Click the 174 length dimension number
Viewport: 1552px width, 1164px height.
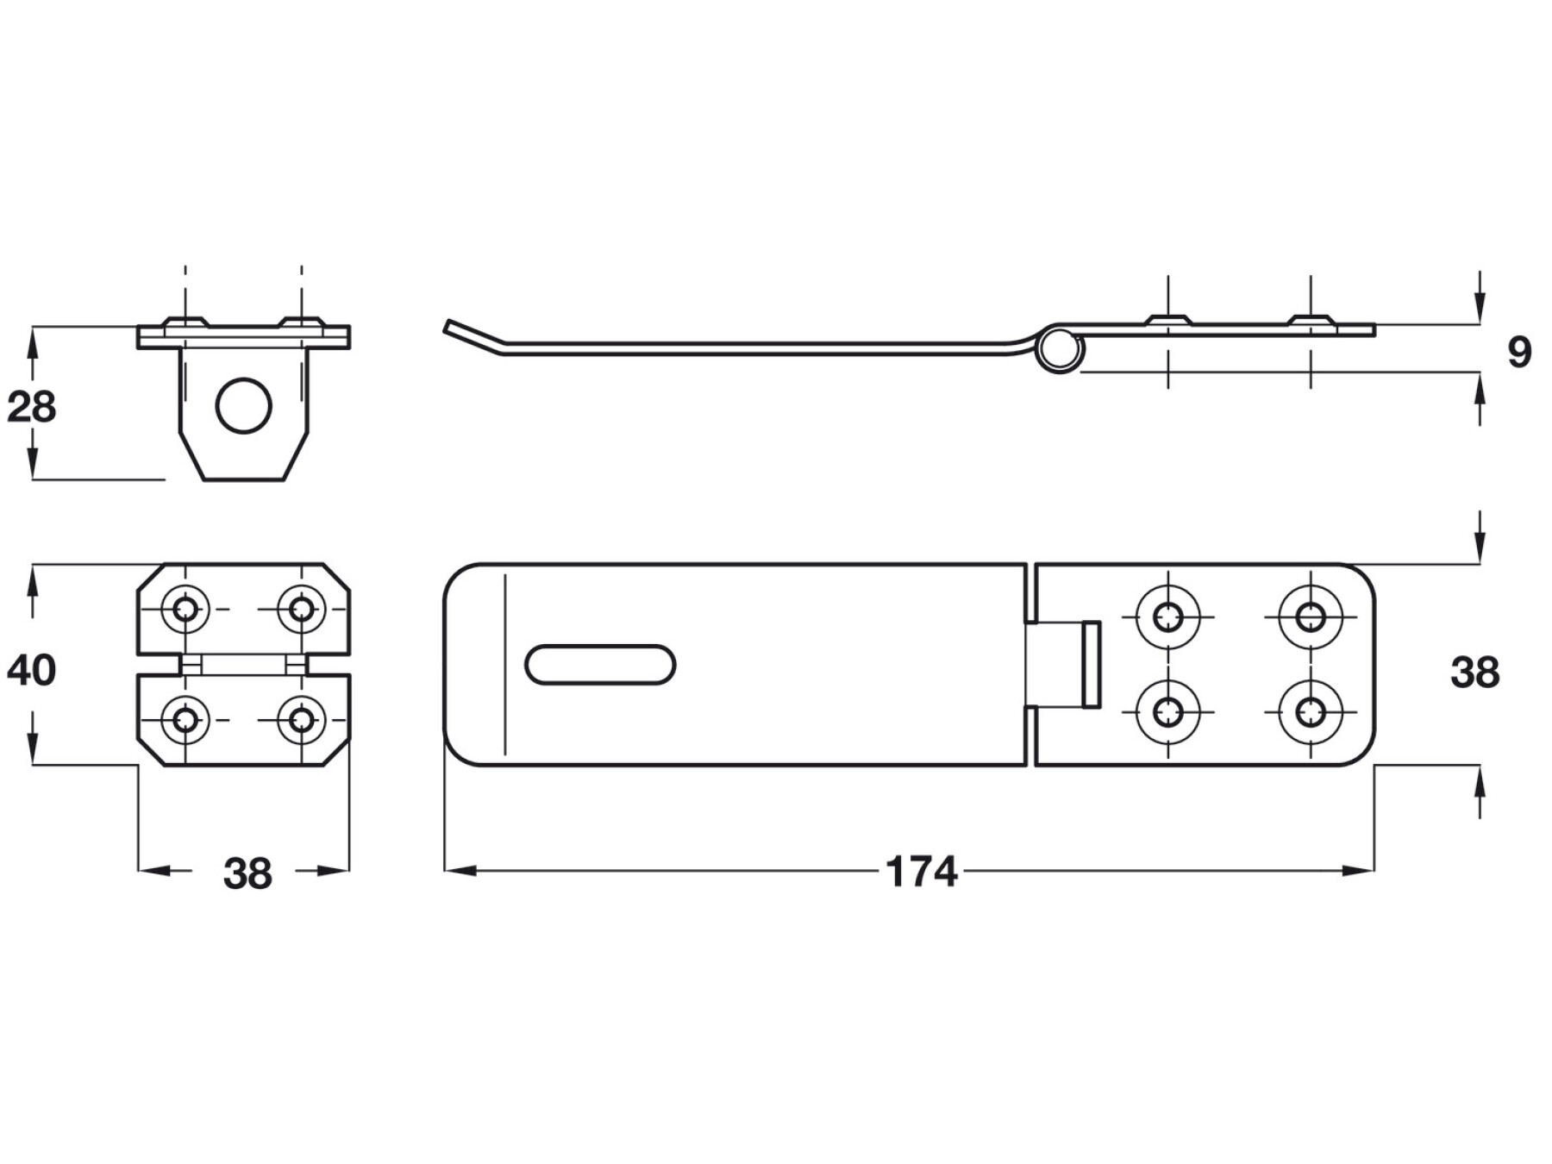pos(921,872)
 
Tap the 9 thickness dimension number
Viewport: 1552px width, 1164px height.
pos(1519,352)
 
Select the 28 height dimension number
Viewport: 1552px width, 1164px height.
pos(31,407)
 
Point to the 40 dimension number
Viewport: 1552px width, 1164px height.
pos(31,670)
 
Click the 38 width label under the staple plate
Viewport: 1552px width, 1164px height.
pos(247,873)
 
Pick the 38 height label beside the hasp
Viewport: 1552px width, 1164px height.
pos(1475,673)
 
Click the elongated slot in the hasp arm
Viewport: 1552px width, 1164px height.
pos(600,665)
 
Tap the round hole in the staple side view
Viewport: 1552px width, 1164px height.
pos(244,405)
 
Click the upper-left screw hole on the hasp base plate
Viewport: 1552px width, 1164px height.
pos(1168,616)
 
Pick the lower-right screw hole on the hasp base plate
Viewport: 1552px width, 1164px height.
pos(1311,712)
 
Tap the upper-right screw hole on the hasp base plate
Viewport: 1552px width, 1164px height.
pos(1311,616)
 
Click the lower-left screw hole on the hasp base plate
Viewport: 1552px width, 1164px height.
pos(1168,712)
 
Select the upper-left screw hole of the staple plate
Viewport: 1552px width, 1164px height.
pos(185,609)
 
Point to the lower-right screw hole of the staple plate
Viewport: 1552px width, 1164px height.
pos(301,718)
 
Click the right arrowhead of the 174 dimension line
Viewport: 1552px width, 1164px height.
pos(1363,871)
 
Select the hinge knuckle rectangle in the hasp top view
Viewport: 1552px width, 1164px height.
pos(1091,664)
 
